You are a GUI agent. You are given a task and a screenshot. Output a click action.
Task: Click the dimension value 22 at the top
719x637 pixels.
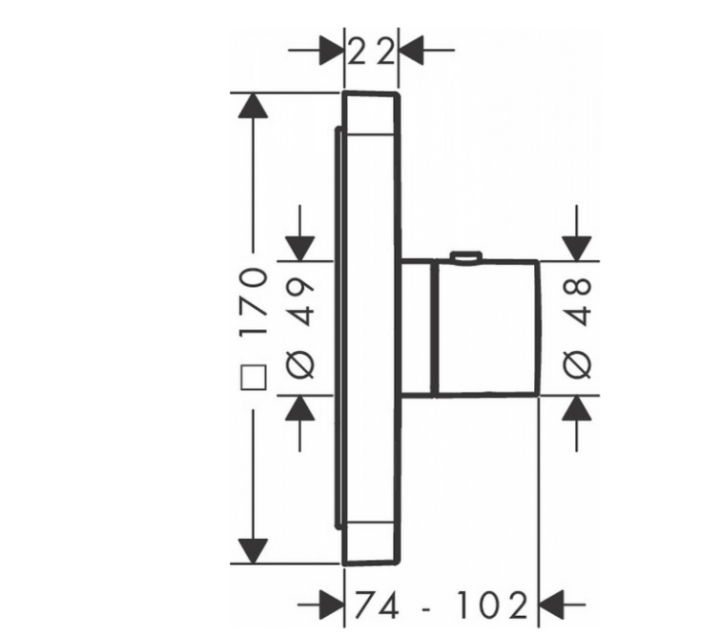pyautogui.click(x=371, y=52)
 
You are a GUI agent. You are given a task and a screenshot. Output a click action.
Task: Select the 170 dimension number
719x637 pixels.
pyautogui.click(x=253, y=302)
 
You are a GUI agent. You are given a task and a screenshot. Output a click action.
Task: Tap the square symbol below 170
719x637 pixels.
pyautogui.click(x=253, y=378)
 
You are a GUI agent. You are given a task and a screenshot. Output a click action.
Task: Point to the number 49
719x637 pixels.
pyautogui.click(x=300, y=301)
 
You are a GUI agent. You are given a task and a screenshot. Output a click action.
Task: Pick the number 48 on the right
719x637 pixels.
pyautogui.click(x=576, y=301)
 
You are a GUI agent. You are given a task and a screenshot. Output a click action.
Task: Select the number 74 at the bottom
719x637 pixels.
pyautogui.click(x=377, y=605)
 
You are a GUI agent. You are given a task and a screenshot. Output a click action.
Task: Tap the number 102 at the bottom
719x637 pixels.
pyautogui.click(x=493, y=605)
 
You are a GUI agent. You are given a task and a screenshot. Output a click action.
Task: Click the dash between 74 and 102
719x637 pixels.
pyautogui.click(x=427, y=609)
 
